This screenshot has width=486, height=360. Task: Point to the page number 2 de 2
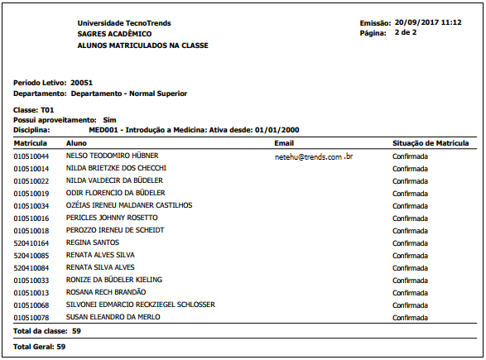tap(406, 32)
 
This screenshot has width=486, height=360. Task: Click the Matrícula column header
tap(31, 143)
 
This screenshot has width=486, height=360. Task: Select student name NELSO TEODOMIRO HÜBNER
tap(112, 156)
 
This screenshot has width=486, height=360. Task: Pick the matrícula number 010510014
tap(31, 168)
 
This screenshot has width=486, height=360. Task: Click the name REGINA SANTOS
tap(92, 242)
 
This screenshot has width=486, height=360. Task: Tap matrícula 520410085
tap(31, 255)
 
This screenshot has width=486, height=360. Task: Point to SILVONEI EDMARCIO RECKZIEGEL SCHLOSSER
tap(140, 305)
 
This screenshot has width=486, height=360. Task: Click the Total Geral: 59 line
tap(39, 346)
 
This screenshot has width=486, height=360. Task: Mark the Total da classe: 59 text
tap(47, 330)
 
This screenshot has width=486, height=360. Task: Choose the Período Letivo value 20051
tap(81, 84)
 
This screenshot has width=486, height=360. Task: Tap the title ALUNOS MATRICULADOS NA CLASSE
tap(142, 46)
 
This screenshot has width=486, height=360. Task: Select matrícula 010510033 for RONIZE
tap(31, 280)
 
